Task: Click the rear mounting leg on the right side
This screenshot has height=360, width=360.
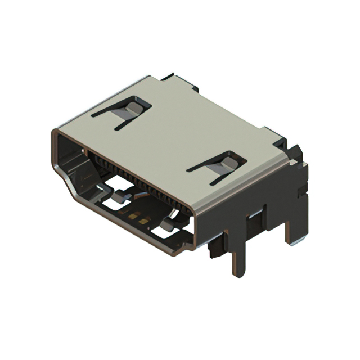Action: click(294, 225)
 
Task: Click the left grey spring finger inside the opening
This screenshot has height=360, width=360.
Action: click(118, 198)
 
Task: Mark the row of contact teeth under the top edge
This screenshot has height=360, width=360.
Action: click(135, 174)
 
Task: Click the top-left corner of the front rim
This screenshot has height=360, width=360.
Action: click(55, 133)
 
